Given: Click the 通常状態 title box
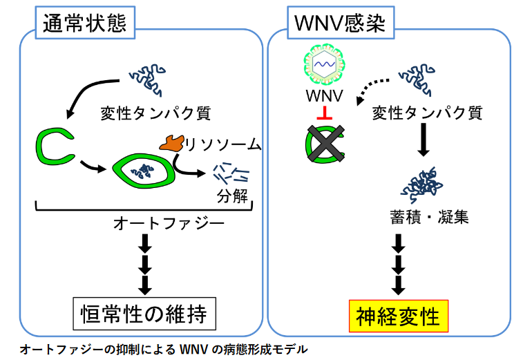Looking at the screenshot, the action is [85, 23].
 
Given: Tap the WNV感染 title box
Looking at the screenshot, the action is [341, 23].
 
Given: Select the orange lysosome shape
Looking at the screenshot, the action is [171, 143].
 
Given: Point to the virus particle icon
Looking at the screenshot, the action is [324, 64].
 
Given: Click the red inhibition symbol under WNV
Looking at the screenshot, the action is [324, 113].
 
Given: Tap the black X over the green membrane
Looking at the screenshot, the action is [325, 143].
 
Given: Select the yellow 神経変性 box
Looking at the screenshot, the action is [399, 316].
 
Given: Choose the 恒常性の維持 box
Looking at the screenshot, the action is [144, 314].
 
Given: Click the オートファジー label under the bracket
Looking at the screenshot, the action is [169, 224].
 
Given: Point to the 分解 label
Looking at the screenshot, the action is [232, 196].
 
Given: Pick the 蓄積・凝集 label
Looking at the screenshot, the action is [429, 217].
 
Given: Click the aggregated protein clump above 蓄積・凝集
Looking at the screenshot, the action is [421, 185].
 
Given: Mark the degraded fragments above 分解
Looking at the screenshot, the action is [231, 175].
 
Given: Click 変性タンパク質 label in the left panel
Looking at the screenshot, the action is [155, 113].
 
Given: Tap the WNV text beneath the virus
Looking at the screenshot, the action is [324, 95].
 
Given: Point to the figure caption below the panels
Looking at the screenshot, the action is [164, 349].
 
